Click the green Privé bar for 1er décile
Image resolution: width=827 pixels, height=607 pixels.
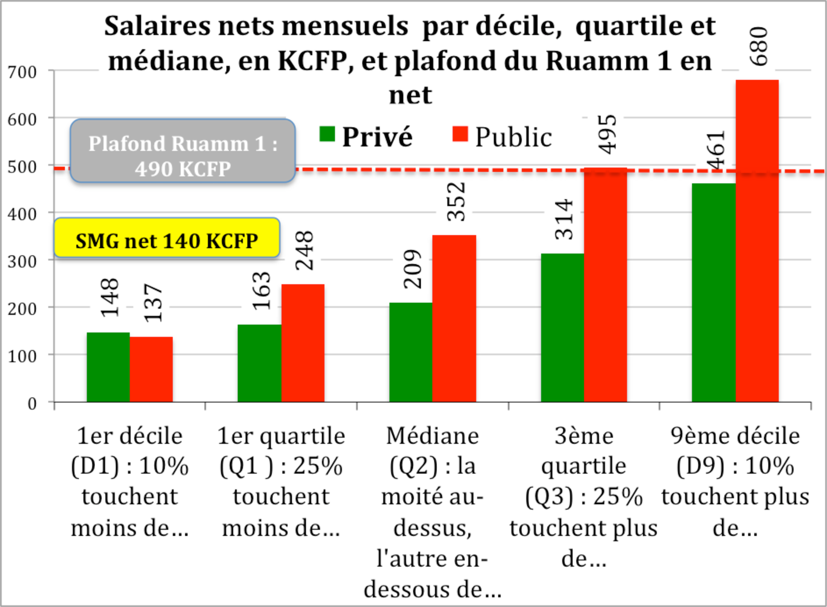tap(108, 367)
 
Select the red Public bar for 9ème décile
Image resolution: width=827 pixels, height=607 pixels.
tap(757, 241)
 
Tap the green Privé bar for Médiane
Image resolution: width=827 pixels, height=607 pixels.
tap(410, 352)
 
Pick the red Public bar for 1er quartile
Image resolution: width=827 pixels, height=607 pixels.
tap(303, 343)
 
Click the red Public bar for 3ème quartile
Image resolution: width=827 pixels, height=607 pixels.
tap(606, 285)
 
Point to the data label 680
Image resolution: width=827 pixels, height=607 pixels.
tap(758, 47)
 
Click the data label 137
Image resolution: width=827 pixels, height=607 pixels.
tap(153, 303)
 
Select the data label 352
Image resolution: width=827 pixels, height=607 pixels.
tap(456, 202)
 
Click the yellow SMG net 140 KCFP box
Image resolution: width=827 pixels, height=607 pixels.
tap(167, 238)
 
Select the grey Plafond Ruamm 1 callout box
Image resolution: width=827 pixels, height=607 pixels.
tap(183, 151)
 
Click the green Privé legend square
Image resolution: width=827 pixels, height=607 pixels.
tap(327, 134)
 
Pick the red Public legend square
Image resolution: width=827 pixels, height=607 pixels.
tap(460, 134)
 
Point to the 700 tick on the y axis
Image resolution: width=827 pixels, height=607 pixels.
tap(23, 72)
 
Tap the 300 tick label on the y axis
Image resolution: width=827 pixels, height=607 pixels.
tap(23, 262)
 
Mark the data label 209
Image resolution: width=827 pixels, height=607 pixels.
tap(412, 269)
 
